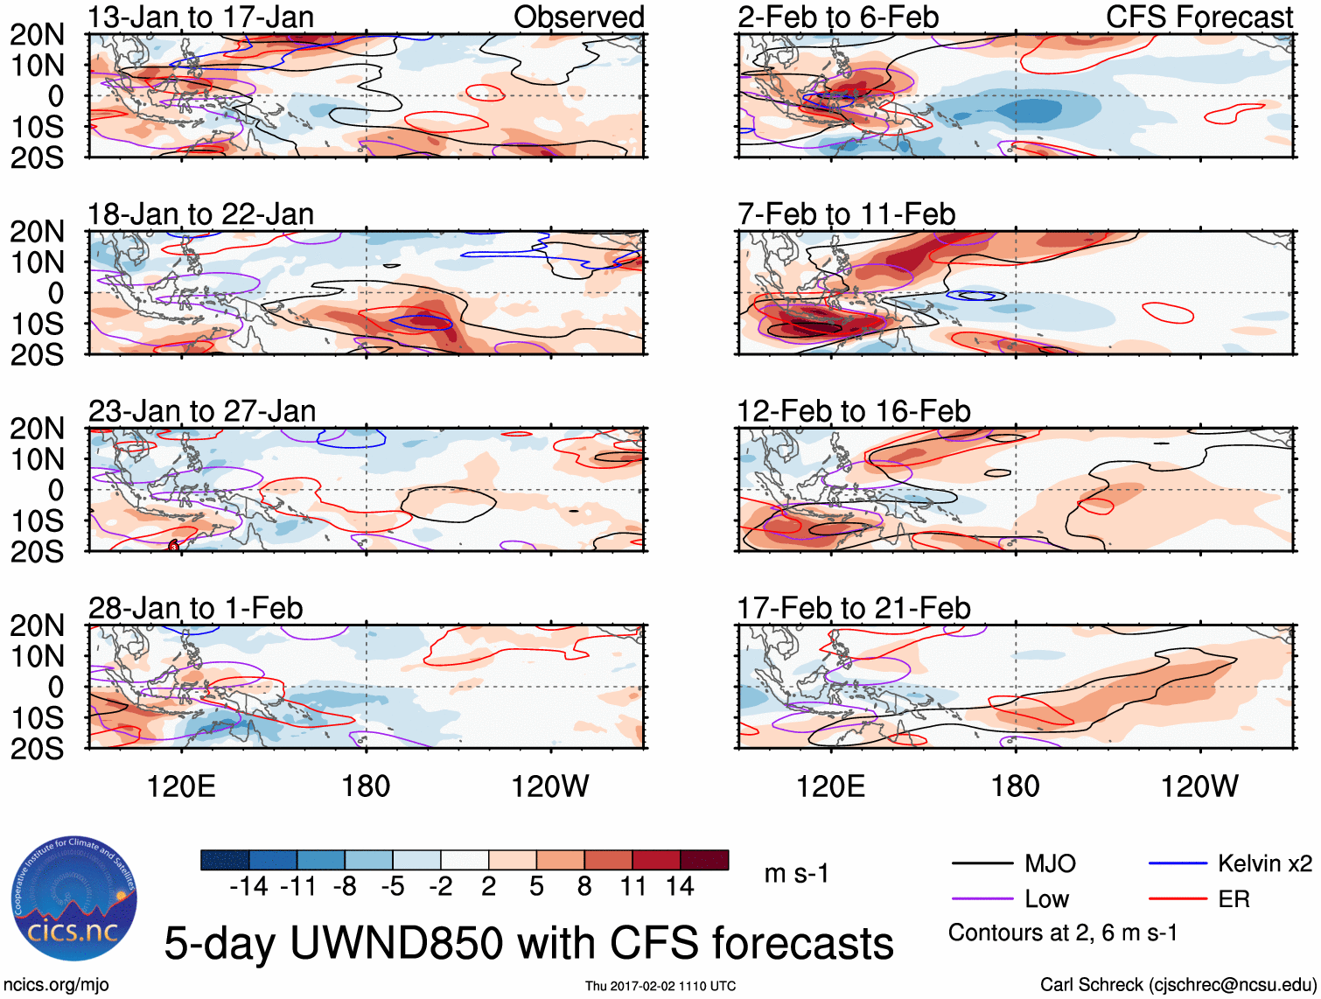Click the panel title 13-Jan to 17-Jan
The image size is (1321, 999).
coord(200,17)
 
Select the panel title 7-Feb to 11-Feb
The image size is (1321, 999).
coord(846,214)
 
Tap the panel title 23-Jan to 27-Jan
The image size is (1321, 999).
coord(202,411)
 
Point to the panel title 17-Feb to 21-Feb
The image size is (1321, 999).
coord(853,608)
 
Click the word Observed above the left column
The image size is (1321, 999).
coord(578,17)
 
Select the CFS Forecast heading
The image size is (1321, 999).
coord(1199,17)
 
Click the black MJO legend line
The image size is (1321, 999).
coord(982,864)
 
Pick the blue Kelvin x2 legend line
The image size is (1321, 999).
coord(1178,864)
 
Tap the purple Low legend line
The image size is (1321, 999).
coord(982,899)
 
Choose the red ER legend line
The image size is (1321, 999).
coord(1178,899)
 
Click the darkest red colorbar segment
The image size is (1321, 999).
coord(704,860)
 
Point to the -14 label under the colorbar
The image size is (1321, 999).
coord(248,887)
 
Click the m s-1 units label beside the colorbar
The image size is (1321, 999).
coord(796,874)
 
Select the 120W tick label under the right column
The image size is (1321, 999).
coord(1199,786)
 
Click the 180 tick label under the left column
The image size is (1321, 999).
coord(366,786)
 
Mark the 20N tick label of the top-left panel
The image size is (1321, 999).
coord(37,35)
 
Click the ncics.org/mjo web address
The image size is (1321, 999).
coord(56,985)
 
